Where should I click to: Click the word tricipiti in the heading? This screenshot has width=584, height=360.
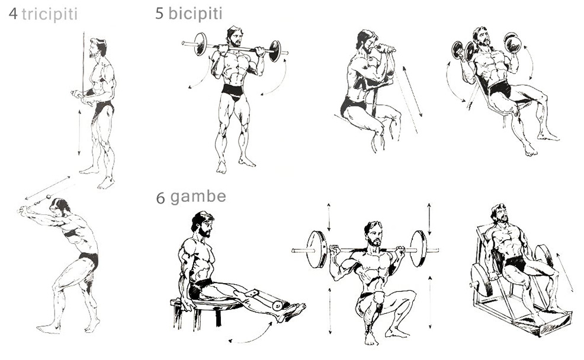[50, 15]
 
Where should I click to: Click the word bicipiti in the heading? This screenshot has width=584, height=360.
[195, 14]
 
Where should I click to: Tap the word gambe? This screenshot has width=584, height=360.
[198, 197]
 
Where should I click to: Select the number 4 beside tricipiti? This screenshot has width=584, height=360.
[14, 14]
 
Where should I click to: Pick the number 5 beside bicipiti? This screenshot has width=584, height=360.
[159, 14]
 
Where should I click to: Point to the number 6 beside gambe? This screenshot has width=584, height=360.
[161, 198]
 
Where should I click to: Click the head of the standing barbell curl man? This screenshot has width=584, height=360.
[235, 37]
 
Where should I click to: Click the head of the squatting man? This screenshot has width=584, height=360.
[374, 234]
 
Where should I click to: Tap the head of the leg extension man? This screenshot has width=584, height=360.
[202, 224]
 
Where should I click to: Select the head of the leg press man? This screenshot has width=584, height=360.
[500, 214]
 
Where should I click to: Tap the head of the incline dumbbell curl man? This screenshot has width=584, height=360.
[482, 37]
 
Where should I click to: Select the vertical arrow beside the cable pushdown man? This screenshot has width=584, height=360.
[79, 132]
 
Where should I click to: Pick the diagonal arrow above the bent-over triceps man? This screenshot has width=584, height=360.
[47, 188]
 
